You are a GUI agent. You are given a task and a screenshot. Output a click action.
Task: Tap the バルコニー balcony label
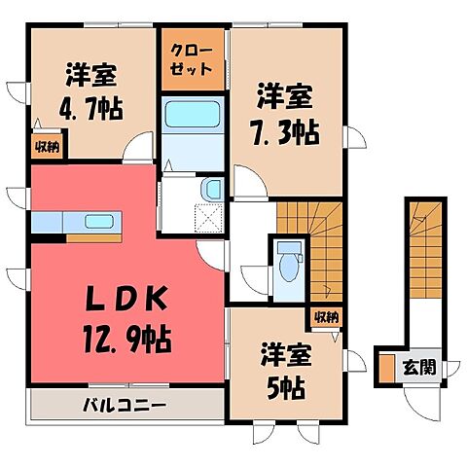point(125,405)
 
